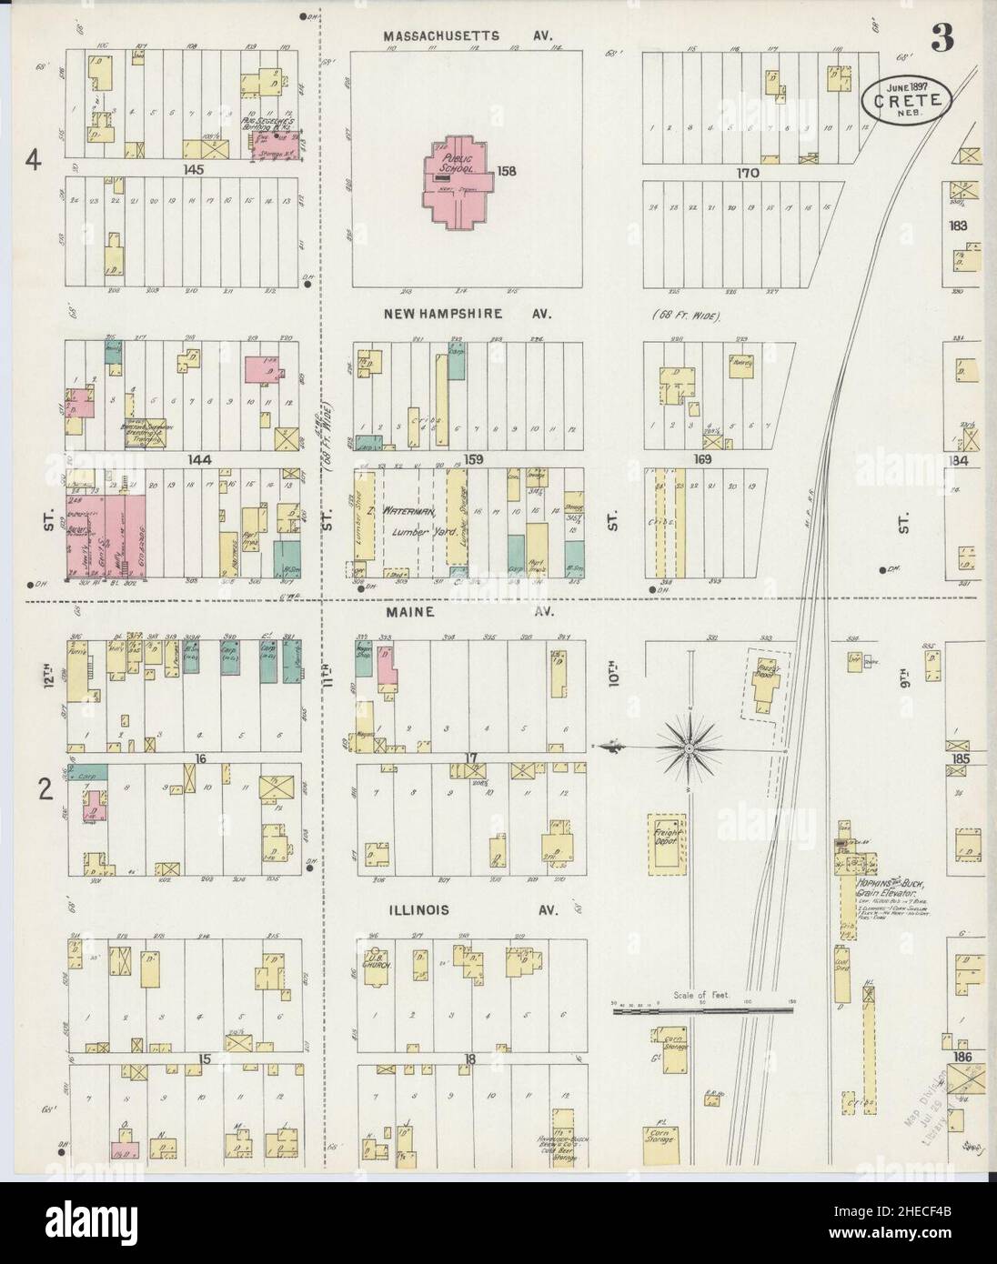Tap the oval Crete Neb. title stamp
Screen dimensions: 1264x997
coord(906,95)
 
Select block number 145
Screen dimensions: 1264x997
coord(192,170)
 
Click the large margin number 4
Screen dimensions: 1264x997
coord(34,161)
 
